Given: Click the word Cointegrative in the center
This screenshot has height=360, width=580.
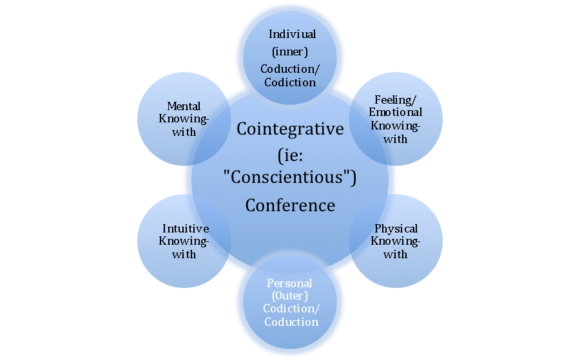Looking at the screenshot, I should [290, 129].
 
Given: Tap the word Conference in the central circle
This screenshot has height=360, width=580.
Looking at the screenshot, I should [290, 205].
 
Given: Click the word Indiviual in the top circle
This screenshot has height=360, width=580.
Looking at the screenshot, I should [290, 33].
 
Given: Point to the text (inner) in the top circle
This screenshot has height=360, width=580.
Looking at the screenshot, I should [289, 50].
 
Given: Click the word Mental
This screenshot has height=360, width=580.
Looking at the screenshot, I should [184, 106].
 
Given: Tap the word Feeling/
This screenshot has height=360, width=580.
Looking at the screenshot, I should [395, 100].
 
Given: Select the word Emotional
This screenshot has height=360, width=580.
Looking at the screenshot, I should [395, 113].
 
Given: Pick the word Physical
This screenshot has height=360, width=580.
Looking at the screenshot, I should [396, 229].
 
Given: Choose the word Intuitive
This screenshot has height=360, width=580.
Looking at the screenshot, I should [185, 229].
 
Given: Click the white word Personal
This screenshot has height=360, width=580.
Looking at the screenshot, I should [290, 283].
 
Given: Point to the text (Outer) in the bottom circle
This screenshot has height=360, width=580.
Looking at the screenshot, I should [290, 296].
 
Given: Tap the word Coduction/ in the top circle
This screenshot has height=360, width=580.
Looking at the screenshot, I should [290, 68].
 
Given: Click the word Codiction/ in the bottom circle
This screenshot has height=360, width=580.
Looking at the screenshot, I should [290, 309].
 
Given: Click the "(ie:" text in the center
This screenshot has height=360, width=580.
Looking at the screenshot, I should [290, 155].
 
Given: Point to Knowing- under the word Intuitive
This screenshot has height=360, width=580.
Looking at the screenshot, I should [185, 242].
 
